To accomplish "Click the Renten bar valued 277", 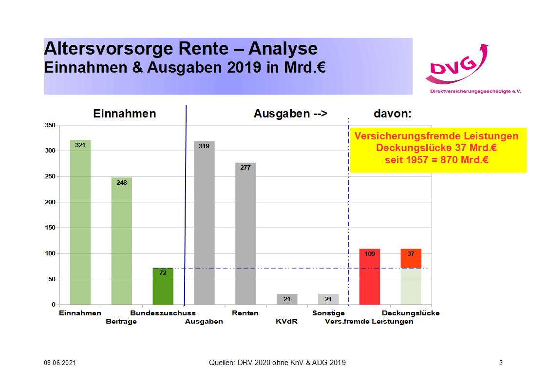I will (x=245, y=233).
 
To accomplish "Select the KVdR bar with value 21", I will (x=287, y=299).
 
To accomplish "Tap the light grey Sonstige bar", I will (x=328, y=299).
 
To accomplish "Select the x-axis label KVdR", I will (x=286, y=321).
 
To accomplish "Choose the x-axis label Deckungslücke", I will (x=411, y=313).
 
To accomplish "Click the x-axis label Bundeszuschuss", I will (x=163, y=313).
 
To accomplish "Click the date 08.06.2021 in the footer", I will (x=59, y=363).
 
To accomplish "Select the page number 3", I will (x=501, y=363).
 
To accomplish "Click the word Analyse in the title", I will (x=283, y=49).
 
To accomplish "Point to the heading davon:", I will (x=393, y=114).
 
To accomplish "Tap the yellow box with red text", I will (x=438, y=150).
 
